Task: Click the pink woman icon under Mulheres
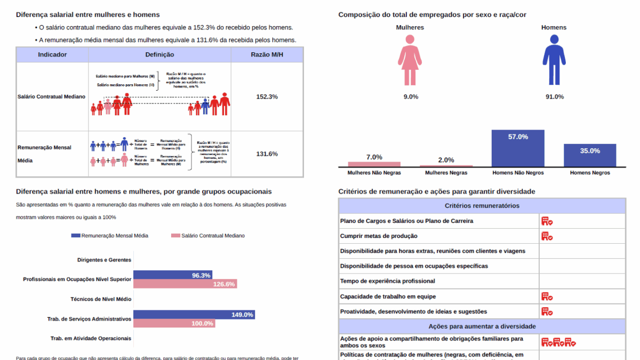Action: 410,60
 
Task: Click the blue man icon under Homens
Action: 554,60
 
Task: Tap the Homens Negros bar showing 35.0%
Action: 590,155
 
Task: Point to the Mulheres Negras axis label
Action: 446,173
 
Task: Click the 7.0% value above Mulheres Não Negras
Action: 374,157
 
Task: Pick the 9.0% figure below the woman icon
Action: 411,97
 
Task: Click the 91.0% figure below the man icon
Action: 555,97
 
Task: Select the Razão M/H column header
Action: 267,54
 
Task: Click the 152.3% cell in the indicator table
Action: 267,97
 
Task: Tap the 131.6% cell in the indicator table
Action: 267,154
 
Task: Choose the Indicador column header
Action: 52,54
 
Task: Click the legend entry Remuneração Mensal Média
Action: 109,235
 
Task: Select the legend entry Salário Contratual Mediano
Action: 207,235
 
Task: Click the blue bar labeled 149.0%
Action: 194,315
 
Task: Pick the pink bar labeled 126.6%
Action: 185,284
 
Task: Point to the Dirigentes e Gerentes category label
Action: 104,260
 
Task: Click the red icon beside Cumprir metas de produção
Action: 547,236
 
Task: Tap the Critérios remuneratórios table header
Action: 482,206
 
